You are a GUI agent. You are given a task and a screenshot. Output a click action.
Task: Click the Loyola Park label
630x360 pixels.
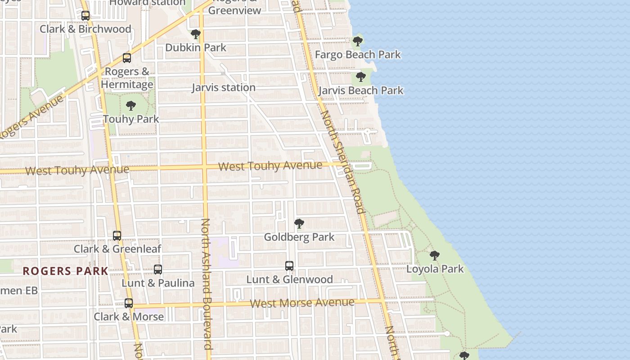tap(435, 269)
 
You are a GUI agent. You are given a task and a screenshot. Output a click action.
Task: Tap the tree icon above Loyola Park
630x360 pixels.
tap(434, 256)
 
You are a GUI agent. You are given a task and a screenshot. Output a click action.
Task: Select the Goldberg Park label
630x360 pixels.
tap(299, 237)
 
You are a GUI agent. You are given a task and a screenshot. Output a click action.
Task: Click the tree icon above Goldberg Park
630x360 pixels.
tap(299, 223)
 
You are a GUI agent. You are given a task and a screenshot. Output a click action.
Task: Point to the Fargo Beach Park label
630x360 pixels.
tap(358, 55)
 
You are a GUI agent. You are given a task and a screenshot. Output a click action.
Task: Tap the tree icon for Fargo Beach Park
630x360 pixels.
tap(358, 41)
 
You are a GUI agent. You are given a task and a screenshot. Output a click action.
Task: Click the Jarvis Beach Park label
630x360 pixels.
tap(361, 90)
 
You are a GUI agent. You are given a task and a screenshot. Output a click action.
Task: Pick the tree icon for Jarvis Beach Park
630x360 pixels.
tap(360, 76)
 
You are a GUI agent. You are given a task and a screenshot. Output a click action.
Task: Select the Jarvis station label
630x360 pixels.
tap(224, 88)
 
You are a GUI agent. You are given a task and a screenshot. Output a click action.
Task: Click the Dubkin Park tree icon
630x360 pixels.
tap(196, 34)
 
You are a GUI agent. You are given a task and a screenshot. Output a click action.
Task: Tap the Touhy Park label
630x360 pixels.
tap(131, 119)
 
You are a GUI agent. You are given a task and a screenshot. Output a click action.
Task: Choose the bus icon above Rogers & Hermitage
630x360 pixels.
tap(127, 58)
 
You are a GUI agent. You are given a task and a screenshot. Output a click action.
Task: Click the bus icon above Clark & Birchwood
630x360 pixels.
tap(85, 16)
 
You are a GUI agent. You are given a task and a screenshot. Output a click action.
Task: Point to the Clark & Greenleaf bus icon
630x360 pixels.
tap(117, 235)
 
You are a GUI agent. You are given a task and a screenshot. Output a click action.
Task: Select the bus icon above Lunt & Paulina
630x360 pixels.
tap(158, 270)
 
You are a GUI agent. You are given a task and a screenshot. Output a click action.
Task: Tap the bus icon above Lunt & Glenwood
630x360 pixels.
tap(289, 266)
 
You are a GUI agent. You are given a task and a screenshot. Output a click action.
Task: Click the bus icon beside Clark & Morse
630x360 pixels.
tap(129, 303)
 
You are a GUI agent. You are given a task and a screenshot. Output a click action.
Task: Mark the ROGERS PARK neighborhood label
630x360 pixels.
tap(66, 271)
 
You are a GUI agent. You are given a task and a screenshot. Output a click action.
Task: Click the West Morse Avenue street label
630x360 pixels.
tap(302, 303)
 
